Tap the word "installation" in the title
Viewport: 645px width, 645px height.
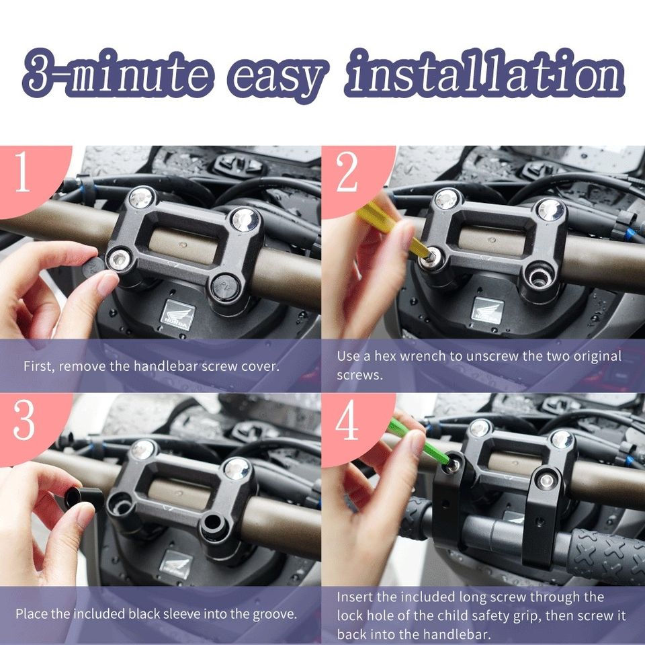pyautogui.click(x=484, y=73)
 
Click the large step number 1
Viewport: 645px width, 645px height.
pyautogui.click(x=23, y=171)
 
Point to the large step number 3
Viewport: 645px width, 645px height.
pyautogui.click(x=24, y=420)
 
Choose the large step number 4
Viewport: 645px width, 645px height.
pyautogui.click(x=347, y=420)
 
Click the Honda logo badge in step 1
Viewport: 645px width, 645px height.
pyautogui.click(x=177, y=315)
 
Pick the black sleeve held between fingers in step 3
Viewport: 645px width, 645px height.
pyautogui.click(x=85, y=499)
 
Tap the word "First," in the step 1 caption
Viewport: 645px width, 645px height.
pyautogui.click(x=39, y=366)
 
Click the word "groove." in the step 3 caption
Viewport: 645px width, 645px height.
pyautogui.click(x=275, y=614)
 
